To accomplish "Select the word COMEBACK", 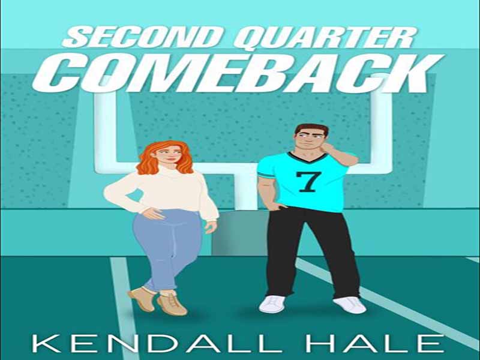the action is point(238,73).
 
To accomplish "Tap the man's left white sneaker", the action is point(349,305).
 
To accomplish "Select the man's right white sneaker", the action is point(272,304).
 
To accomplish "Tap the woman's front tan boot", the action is point(172,304).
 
